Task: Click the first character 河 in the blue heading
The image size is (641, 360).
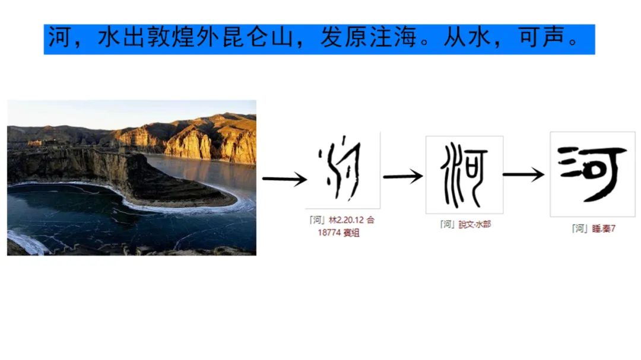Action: [x=60, y=39]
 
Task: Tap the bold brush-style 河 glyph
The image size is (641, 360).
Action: [x=592, y=173]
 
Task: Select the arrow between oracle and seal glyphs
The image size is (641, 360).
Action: [x=402, y=176]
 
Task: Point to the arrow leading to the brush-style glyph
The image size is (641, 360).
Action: [x=523, y=174]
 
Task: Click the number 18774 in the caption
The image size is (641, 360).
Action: [x=329, y=232]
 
